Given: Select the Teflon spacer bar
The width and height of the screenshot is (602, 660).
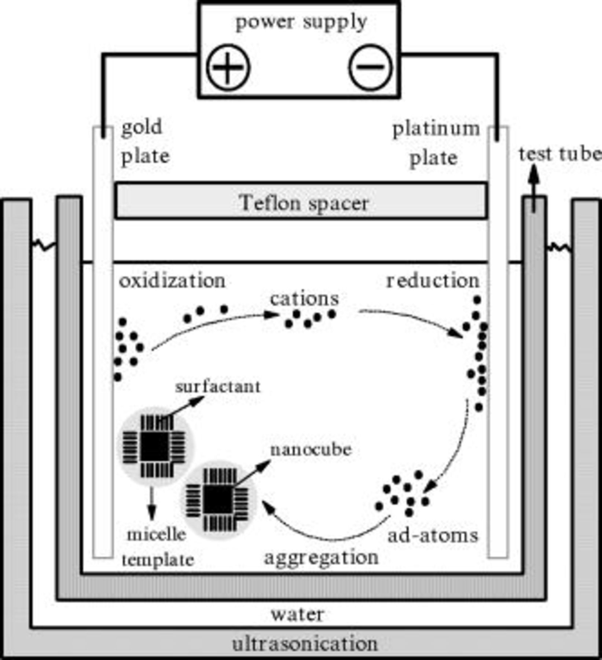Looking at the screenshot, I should (301, 201).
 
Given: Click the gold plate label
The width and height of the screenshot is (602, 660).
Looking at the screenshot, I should (145, 142).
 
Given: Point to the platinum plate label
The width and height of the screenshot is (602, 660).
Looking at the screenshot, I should (436, 144).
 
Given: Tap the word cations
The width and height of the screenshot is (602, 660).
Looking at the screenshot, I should (304, 299).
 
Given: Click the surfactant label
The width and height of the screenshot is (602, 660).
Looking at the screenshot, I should (218, 387).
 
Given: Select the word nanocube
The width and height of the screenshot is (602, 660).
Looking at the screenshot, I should (311, 450).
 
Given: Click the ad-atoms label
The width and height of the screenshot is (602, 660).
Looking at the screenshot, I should (433, 536).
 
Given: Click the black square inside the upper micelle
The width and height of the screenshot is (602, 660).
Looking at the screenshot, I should (154, 446).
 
